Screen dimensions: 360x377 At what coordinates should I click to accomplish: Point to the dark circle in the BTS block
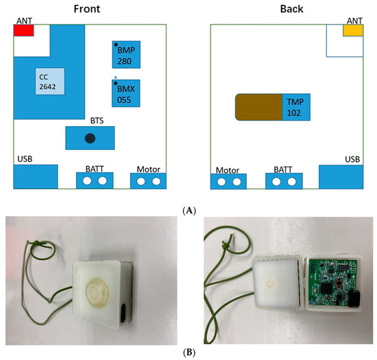[89, 139]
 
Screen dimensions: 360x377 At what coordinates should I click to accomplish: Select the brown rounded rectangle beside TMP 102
[258, 108]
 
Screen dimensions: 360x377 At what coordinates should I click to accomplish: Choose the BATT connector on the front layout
[95, 180]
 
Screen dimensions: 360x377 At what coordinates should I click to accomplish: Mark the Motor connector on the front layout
[149, 181]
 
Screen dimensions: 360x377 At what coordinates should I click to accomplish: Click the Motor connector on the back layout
[229, 181]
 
